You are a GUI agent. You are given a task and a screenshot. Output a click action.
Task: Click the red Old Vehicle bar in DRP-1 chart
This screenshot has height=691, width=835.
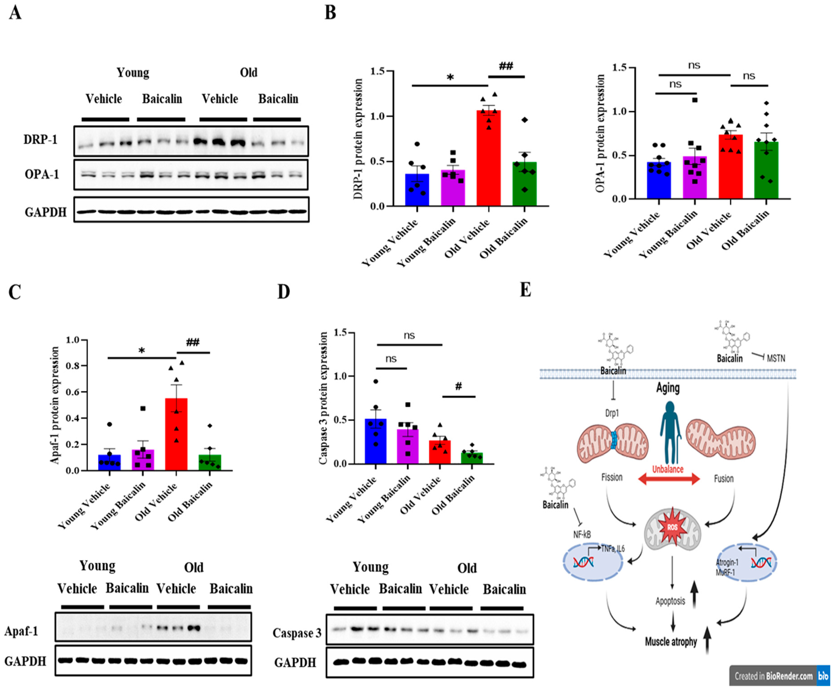pyautogui.click(x=488, y=159)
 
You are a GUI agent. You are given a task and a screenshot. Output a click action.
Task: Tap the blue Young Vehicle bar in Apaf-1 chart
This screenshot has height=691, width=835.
pyautogui.click(x=109, y=463)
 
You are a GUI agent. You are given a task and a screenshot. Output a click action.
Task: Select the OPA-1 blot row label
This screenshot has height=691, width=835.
pyautogui.click(x=41, y=174)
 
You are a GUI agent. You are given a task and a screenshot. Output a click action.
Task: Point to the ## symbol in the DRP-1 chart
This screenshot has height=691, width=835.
pyautogui.click(x=506, y=66)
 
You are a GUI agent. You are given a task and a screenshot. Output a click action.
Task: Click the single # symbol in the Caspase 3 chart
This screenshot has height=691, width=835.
pyautogui.click(x=458, y=386)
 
